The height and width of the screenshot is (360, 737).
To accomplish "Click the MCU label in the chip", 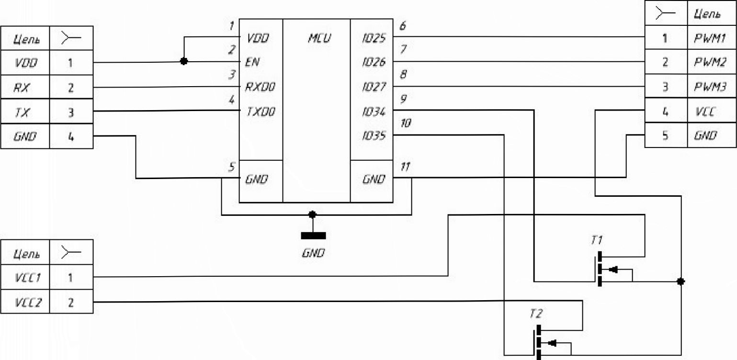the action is pyautogui.click(x=319, y=38).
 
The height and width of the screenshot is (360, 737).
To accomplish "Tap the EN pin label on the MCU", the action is pyautogui.click(x=252, y=62).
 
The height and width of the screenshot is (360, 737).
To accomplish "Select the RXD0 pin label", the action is pyautogui.click(x=260, y=87).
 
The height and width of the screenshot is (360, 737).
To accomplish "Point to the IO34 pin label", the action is pyautogui.click(x=374, y=112).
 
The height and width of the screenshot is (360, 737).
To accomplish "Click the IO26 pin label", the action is pyautogui.click(x=374, y=62).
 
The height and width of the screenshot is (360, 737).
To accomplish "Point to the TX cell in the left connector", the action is pyautogui.click(x=25, y=112).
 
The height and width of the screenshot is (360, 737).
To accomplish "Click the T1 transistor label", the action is pyautogui.click(x=597, y=240).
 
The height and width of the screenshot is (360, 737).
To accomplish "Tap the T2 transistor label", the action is pyautogui.click(x=536, y=314).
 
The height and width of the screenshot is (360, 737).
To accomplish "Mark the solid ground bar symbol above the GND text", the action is pyautogui.click(x=313, y=236).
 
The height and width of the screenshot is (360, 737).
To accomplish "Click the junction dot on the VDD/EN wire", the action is pyautogui.click(x=184, y=61).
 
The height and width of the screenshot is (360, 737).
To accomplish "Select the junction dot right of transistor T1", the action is pyautogui.click(x=681, y=281).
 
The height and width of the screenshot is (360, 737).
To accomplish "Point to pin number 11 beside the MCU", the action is pyautogui.click(x=405, y=167).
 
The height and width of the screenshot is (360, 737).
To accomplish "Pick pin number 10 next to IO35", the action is pyautogui.click(x=406, y=124).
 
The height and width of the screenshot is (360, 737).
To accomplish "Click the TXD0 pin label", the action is pyautogui.click(x=261, y=112).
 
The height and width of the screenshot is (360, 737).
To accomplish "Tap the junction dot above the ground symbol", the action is pyautogui.click(x=312, y=214).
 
